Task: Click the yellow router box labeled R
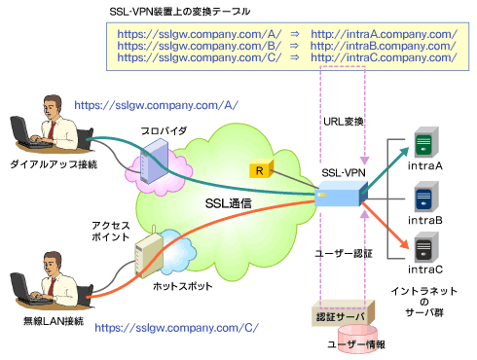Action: pos(262,168)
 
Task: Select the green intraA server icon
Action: pos(426,143)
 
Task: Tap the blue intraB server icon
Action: pos(426,197)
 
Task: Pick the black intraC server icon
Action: pos(426,247)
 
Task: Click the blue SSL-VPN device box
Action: pos(341,194)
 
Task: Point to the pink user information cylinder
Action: pos(357,339)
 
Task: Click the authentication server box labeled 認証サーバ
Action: pos(343,313)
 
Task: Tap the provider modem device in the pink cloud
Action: pos(154,161)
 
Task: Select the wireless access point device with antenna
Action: pos(149,254)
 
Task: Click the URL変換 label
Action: pos(344,122)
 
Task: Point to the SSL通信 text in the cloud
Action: pos(229,203)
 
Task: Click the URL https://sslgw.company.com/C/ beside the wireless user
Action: pos(176,328)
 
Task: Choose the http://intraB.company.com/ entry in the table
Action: pos(384,46)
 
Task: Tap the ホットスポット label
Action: pos(182,286)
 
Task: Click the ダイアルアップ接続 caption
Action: pos(54,164)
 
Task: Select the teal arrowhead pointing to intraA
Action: pos(404,153)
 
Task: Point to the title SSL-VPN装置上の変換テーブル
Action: pos(179,12)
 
